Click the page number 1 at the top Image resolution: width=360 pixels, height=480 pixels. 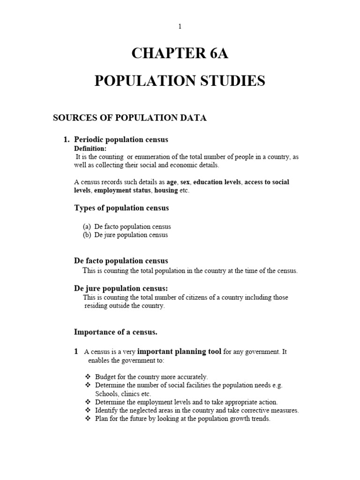coord(180,27)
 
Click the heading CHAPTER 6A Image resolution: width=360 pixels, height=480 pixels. coord(180,54)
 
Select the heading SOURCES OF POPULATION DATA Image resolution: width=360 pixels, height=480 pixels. coord(129,118)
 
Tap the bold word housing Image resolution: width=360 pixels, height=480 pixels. coord(167,191)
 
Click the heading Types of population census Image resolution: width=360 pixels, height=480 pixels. coord(121,208)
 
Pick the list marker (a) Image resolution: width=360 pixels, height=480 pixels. coord(87,227)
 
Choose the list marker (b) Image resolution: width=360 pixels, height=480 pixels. coord(87,235)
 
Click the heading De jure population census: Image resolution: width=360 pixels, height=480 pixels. coord(120,288)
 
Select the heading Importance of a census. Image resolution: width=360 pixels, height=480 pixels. coord(116,332)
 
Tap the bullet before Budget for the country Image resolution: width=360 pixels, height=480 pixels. coord(87,377)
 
